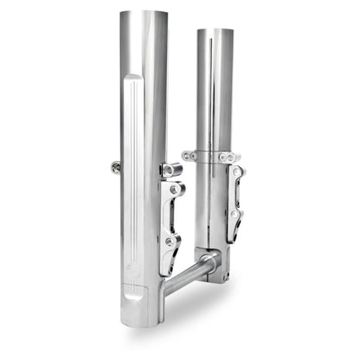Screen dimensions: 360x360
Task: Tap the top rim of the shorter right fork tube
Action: [215, 31]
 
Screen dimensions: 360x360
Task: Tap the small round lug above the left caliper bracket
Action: [164, 170]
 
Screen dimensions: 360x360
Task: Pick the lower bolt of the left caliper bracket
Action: [172, 243]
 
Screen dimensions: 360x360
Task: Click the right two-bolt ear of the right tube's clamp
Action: [228, 157]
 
